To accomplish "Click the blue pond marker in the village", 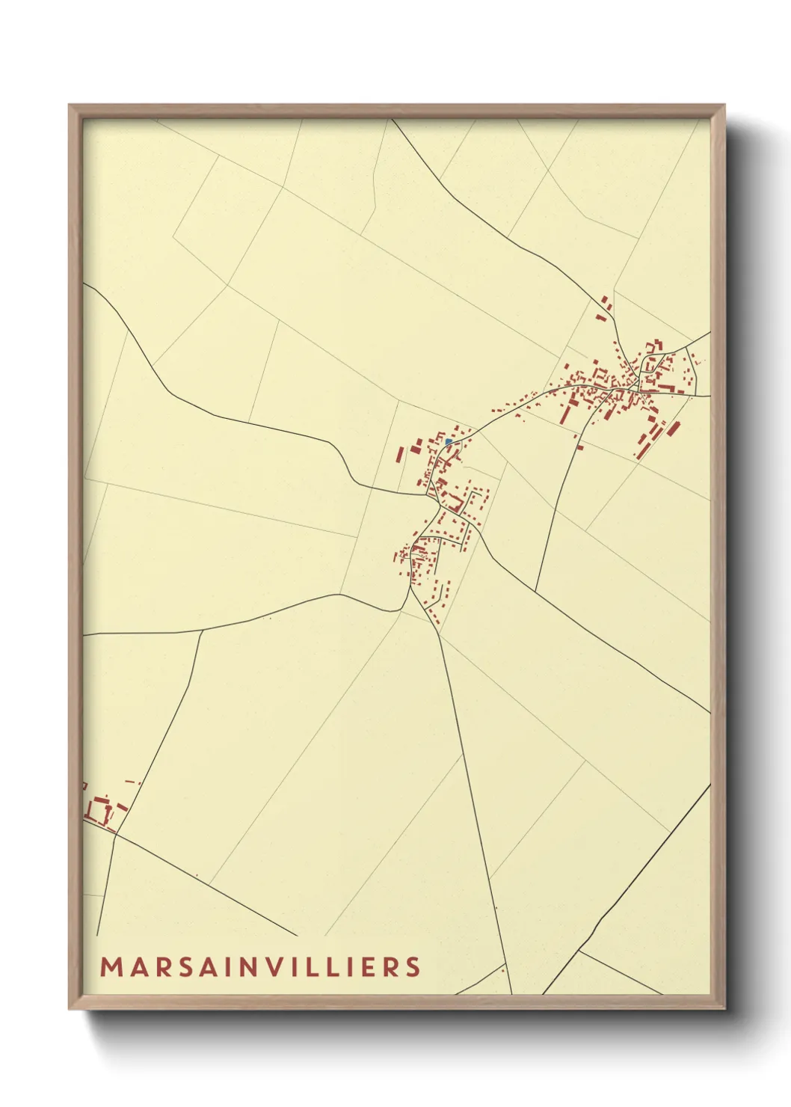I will click(x=448, y=442).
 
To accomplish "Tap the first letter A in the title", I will click(x=136, y=966).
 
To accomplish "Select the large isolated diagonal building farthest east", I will click(x=671, y=429).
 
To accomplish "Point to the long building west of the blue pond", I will click(x=400, y=456).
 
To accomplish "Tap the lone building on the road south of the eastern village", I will click(x=579, y=447).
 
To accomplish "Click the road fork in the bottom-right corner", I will click(x=579, y=951).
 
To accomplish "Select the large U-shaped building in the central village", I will click(x=453, y=498).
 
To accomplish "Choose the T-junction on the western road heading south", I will click(x=202, y=631).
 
